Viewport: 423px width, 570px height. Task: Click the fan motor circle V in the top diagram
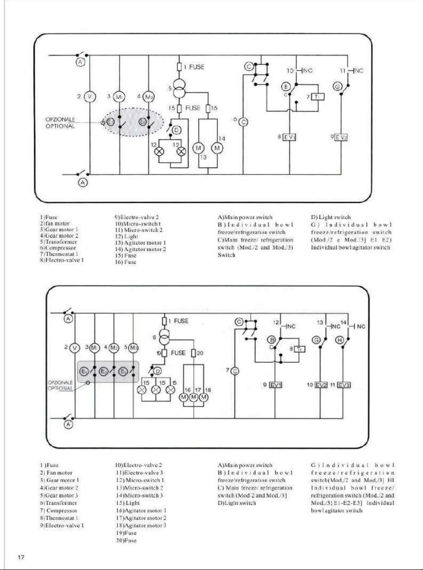click(x=90, y=97)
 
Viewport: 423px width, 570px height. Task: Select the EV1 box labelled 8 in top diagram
click(x=289, y=137)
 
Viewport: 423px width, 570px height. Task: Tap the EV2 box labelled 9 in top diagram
click(x=341, y=138)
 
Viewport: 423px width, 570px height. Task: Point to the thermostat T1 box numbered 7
click(x=318, y=97)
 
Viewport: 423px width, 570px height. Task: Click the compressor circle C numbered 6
click(x=243, y=122)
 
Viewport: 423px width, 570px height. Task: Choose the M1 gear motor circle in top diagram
click(x=119, y=97)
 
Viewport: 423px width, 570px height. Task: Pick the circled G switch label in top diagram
click(x=338, y=87)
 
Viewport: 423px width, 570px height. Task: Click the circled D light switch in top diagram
click(x=177, y=130)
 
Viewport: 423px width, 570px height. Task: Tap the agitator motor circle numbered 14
click(x=217, y=148)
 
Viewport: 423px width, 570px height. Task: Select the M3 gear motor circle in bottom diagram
click(x=133, y=348)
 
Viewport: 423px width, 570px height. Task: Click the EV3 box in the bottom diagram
click(x=344, y=385)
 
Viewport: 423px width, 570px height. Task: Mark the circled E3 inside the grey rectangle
click(x=123, y=372)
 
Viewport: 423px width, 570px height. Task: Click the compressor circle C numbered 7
click(x=235, y=371)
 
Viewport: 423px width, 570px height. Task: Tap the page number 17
click(x=21, y=557)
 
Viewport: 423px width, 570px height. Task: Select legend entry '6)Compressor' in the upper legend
click(x=58, y=248)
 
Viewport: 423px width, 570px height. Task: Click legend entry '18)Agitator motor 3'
click(x=141, y=525)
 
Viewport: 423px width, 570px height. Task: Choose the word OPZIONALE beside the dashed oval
click(x=60, y=120)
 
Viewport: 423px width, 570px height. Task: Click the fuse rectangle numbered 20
click(x=194, y=353)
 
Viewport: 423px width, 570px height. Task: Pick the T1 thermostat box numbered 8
click(x=299, y=349)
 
